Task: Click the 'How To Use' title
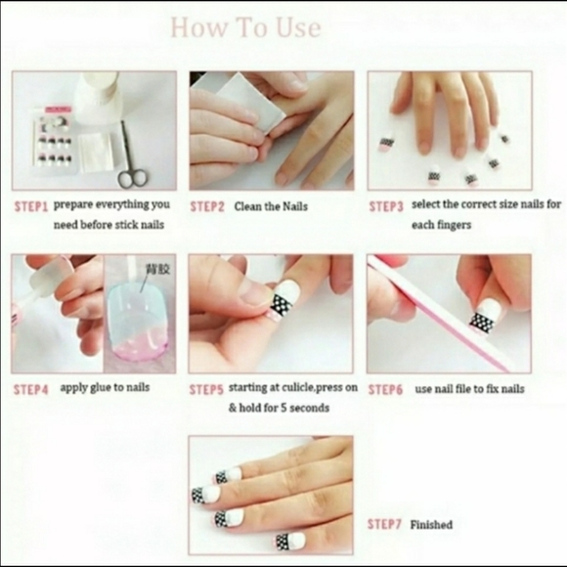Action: (x=245, y=27)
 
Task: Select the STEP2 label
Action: (x=207, y=207)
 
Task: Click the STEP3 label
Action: (x=386, y=206)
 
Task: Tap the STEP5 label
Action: (x=207, y=389)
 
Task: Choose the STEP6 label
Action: (x=386, y=389)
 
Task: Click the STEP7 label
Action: (x=384, y=524)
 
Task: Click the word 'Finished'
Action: (x=431, y=525)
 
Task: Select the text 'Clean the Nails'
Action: (x=270, y=207)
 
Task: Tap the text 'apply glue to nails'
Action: (x=105, y=388)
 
